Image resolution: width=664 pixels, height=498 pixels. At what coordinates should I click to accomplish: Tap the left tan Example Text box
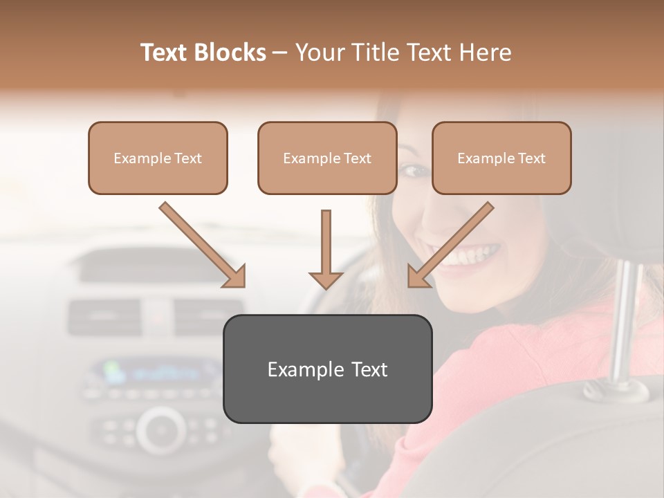pyautogui.click(x=158, y=158)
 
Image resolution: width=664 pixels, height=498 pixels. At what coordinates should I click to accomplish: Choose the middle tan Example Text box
pyautogui.click(x=327, y=158)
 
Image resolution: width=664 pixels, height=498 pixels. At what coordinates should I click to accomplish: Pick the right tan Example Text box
pyautogui.click(x=501, y=158)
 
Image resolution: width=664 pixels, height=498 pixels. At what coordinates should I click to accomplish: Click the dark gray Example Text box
pyautogui.click(x=327, y=369)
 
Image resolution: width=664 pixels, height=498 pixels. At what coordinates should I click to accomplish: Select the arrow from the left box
pyautogui.click(x=203, y=245)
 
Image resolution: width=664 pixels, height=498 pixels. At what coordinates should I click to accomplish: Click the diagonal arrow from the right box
pyautogui.click(x=450, y=245)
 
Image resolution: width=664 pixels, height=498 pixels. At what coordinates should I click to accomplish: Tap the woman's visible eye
pyautogui.click(x=414, y=170)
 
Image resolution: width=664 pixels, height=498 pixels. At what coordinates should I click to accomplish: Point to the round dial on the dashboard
pyautogui.click(x=162, y=429)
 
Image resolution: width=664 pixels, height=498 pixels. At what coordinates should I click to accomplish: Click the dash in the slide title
pyautogui.click(x=280, y=53)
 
